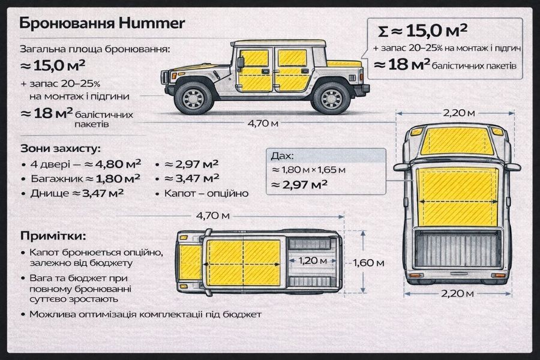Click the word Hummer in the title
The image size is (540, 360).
[x=152, y=23]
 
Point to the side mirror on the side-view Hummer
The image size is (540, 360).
[x=241, y=62]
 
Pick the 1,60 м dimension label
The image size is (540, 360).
[x=368, y=263]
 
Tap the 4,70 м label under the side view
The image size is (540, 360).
[x=263, y=123]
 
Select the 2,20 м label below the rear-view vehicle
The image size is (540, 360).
[x=457, y=293]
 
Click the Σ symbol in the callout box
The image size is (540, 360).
[x=383, y=32]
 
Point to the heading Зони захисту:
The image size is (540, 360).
[x=61, y=149]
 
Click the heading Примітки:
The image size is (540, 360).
[x=53, y=236]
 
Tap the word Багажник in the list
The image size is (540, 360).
[x=57, y=179]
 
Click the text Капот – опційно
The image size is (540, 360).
[x=206, y=193]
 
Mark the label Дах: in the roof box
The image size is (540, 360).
[x=283, y=156]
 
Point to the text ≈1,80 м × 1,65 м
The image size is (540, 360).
[x=308, y=170]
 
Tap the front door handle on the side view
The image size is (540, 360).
[x=266, y=71]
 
